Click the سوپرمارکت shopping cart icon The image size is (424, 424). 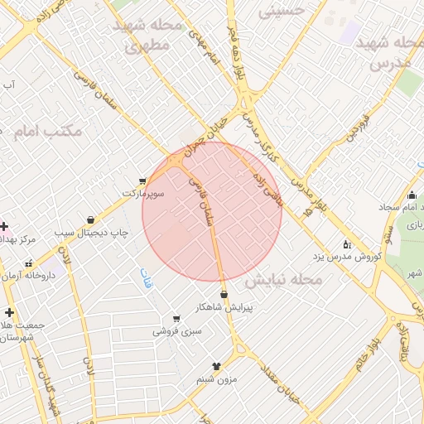point(143,181)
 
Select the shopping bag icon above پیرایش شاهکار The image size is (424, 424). point(224,294)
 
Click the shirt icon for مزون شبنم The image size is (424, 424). point(217,365)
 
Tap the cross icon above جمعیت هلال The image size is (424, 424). point(9,312)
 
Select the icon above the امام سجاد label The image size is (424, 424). point(412,195)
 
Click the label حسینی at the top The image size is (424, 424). point(282,11)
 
